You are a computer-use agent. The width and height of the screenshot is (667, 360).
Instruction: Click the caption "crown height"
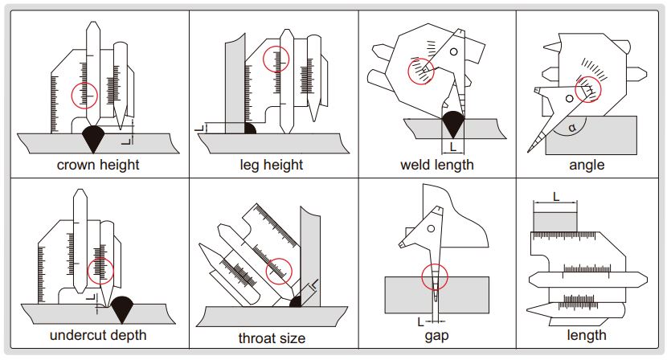point(98,165)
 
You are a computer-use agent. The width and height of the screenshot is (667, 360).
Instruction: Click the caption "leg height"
point(272,165)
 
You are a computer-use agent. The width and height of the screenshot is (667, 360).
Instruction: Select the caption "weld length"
point(437,165)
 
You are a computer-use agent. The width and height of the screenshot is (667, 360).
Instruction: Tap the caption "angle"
point(586,165)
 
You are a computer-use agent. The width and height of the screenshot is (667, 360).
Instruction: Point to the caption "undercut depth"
point(98,335)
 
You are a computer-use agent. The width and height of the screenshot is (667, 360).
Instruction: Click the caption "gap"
point(436,336)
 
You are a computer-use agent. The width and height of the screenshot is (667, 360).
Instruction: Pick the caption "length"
point(586,335)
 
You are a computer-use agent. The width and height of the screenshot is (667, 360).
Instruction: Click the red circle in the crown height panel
point(85,96)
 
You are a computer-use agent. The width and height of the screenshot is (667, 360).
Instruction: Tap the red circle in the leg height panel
point(276,59)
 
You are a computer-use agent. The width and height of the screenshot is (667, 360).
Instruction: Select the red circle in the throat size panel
point(279,270)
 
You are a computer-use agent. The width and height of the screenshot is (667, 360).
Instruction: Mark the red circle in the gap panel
point(435,276)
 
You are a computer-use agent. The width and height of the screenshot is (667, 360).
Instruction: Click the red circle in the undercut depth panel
point(101,271)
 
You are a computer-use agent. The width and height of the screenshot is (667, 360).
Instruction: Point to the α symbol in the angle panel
point(571,127)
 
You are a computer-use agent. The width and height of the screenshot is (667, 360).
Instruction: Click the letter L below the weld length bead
point(453,147)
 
